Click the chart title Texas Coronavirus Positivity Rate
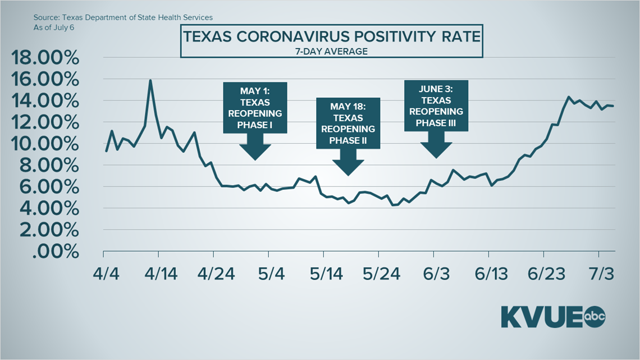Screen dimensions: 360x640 [331, 38]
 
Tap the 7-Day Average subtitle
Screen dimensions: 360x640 [331, 51]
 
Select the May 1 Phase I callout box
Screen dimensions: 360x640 [255, 107]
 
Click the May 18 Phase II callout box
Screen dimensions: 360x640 [348, 123]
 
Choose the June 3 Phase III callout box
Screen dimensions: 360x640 [436, 106]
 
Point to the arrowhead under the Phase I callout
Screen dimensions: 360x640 [255, 151]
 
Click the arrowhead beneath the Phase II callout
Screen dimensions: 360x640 [348, 166]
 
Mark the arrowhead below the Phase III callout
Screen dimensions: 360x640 [436, 148]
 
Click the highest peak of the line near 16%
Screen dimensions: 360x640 [150, 80]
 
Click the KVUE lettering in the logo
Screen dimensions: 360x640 [542, 317]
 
